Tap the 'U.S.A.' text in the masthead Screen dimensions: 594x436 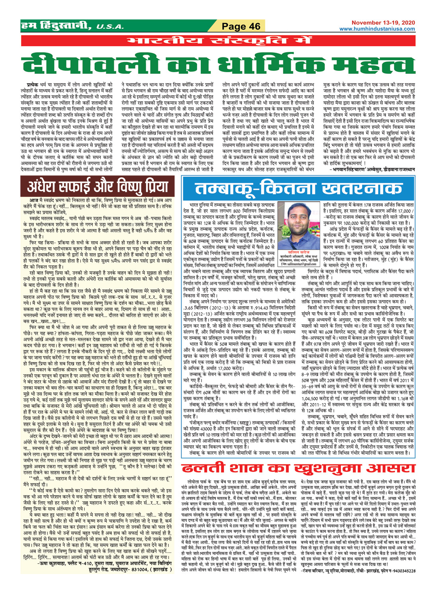110,27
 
